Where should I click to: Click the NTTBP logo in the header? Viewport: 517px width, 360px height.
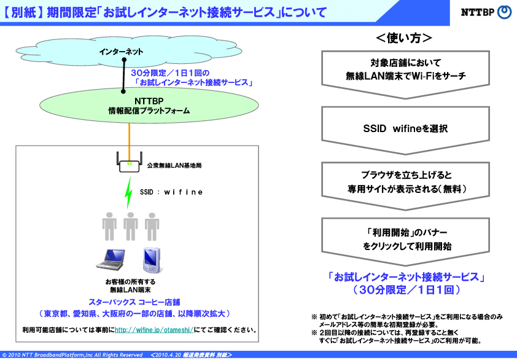click(486, 12)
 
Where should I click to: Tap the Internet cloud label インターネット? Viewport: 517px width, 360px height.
click(121, 52)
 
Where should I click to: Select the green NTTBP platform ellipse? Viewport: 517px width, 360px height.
click(149, 105)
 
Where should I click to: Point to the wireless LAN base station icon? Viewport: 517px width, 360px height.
click(129, 162)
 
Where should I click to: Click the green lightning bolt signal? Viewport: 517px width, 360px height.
click(128, 193)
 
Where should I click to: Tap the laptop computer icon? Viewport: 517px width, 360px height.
click(111, 259)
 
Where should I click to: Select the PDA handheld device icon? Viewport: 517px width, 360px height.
click(152, 260)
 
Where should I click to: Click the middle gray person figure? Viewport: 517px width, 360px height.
click(131, 226)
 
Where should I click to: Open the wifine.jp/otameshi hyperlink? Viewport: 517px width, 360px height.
click(154, 330)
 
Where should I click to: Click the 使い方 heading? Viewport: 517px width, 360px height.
click(404, 38)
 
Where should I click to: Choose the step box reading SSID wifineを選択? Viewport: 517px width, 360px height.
click(405, 130)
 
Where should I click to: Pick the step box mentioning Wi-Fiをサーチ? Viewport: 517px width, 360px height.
click(405, 74)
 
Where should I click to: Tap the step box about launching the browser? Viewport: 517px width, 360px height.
click(405, 186)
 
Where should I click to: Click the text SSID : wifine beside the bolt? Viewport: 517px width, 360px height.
click(171, 192)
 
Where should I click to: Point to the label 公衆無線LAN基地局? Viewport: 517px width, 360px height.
click(174, 165)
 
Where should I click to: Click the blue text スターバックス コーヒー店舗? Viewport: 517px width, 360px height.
click(134, 302)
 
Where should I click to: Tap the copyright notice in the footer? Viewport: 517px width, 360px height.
click(72, 355)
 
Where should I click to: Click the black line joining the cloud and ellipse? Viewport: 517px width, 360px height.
click(123, 76)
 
